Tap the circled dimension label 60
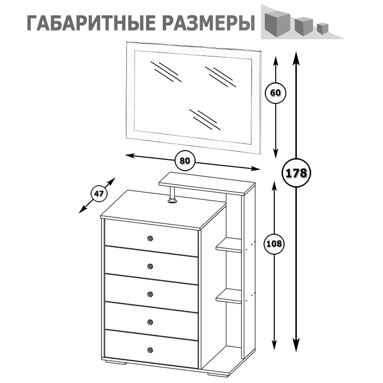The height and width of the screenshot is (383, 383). click(275, 93)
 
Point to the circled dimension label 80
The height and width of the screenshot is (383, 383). click(185, 161)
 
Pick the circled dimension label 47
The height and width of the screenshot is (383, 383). click(99, 194)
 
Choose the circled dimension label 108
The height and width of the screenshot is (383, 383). click(274, 244)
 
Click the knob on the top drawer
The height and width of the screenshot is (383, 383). click(150, 238)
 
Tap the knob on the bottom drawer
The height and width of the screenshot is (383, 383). click(150, 349)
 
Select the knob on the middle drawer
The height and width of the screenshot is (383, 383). click(150, 294)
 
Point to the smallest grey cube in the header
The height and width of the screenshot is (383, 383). click(322, 28)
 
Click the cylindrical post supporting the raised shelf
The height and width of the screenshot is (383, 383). click(172, 196)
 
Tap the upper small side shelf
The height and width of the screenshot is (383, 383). click(229, 246)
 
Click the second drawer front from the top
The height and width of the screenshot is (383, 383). click(151, 265)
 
